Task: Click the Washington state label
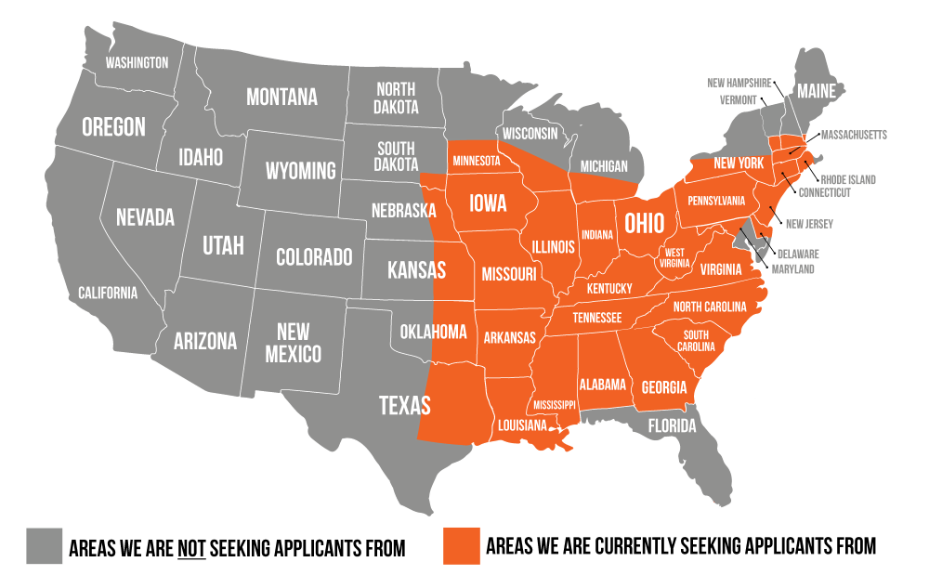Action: click(137, 63)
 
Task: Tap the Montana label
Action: click(281, 98)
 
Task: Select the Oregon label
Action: click(113, 127)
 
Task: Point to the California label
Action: click(108, 294)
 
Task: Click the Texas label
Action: click(405, 405)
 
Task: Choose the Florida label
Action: click(672, 426)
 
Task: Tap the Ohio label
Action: click(644, 224)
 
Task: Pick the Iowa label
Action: click(487, 203)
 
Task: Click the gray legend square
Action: click(44, 545)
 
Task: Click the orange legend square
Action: click(462, 545)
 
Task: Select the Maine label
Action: click(817, 91)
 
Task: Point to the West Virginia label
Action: click(675, 257)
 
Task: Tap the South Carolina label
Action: click(696, 341)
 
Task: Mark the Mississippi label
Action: click(555, 405)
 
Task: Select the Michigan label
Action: click(603, 166)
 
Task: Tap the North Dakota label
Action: click(396, 98)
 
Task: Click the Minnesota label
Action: click(476, 161)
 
